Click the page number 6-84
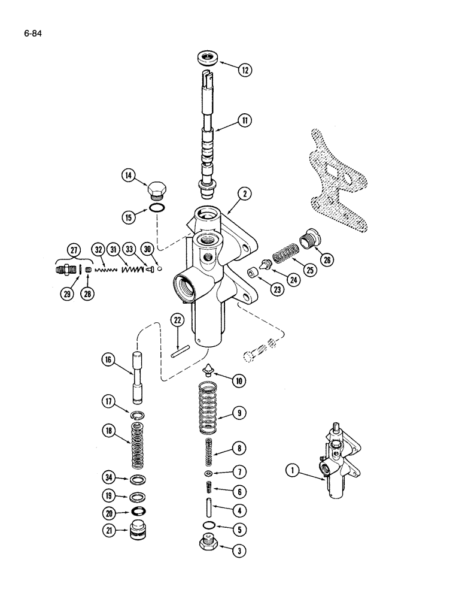click(x=31, y=25)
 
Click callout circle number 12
click(x=244, y=69)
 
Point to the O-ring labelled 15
click(x=157, y=208)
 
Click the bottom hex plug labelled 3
click(x=207, y=546)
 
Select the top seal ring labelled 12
click(x=207, y=60)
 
